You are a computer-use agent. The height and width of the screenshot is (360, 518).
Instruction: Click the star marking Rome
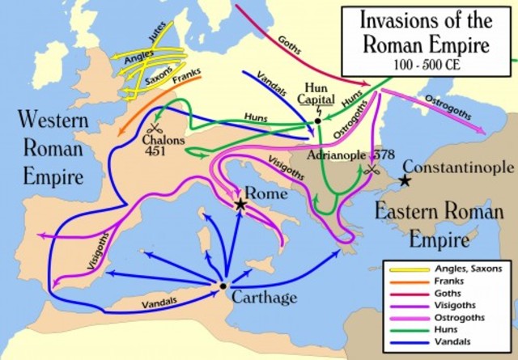click(240, 205)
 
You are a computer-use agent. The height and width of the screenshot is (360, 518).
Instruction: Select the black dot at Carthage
click(223, 285)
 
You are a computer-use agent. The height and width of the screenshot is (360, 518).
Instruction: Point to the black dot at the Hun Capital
click(317, 121)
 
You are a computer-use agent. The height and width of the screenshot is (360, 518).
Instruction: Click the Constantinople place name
click(458, 167)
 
